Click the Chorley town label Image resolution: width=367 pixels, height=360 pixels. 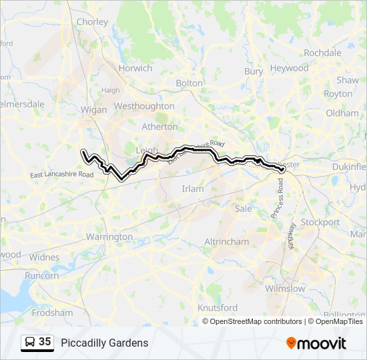pyautogui.click(x=92, y=22)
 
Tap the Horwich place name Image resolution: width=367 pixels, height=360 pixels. pyautogui.click(x=135, y=68)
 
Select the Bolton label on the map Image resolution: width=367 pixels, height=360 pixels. pyautogui.click(x=189, y=83)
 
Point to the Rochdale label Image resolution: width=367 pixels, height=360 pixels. pyautogui.click(x=322, y=53)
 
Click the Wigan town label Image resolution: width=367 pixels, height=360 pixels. pyautogui.click(x=93, y=110)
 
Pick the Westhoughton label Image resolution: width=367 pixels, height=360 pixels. pyautogui.click(x=144, y=106)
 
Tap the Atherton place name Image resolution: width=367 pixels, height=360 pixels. pyautogui.click(x=160, y=127)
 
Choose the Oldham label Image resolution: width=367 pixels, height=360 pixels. pyautogui.click(x=342, y=113)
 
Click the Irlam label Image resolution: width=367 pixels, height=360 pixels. pyautogui.click(x=193, y=189)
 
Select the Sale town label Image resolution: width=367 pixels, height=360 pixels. pyautogui.click(x=244, y=209)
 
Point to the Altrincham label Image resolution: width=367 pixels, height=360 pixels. pyautogui.click(x=226, y=241)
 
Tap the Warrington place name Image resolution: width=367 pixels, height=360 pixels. pyautogui.click(x=109, y=237)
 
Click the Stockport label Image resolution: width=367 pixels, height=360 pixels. pyautogui.click(x=320, y=222)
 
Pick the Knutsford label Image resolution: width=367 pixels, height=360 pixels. pyautogui.click(x=218, y=308)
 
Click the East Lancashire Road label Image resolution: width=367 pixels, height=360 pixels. pyautogui.click(x=62, y=175)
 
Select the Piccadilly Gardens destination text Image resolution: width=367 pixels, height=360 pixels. pyautogui.click(x=105, y=343)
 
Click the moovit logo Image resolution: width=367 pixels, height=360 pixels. pyautogui.click(x=316, y=343)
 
